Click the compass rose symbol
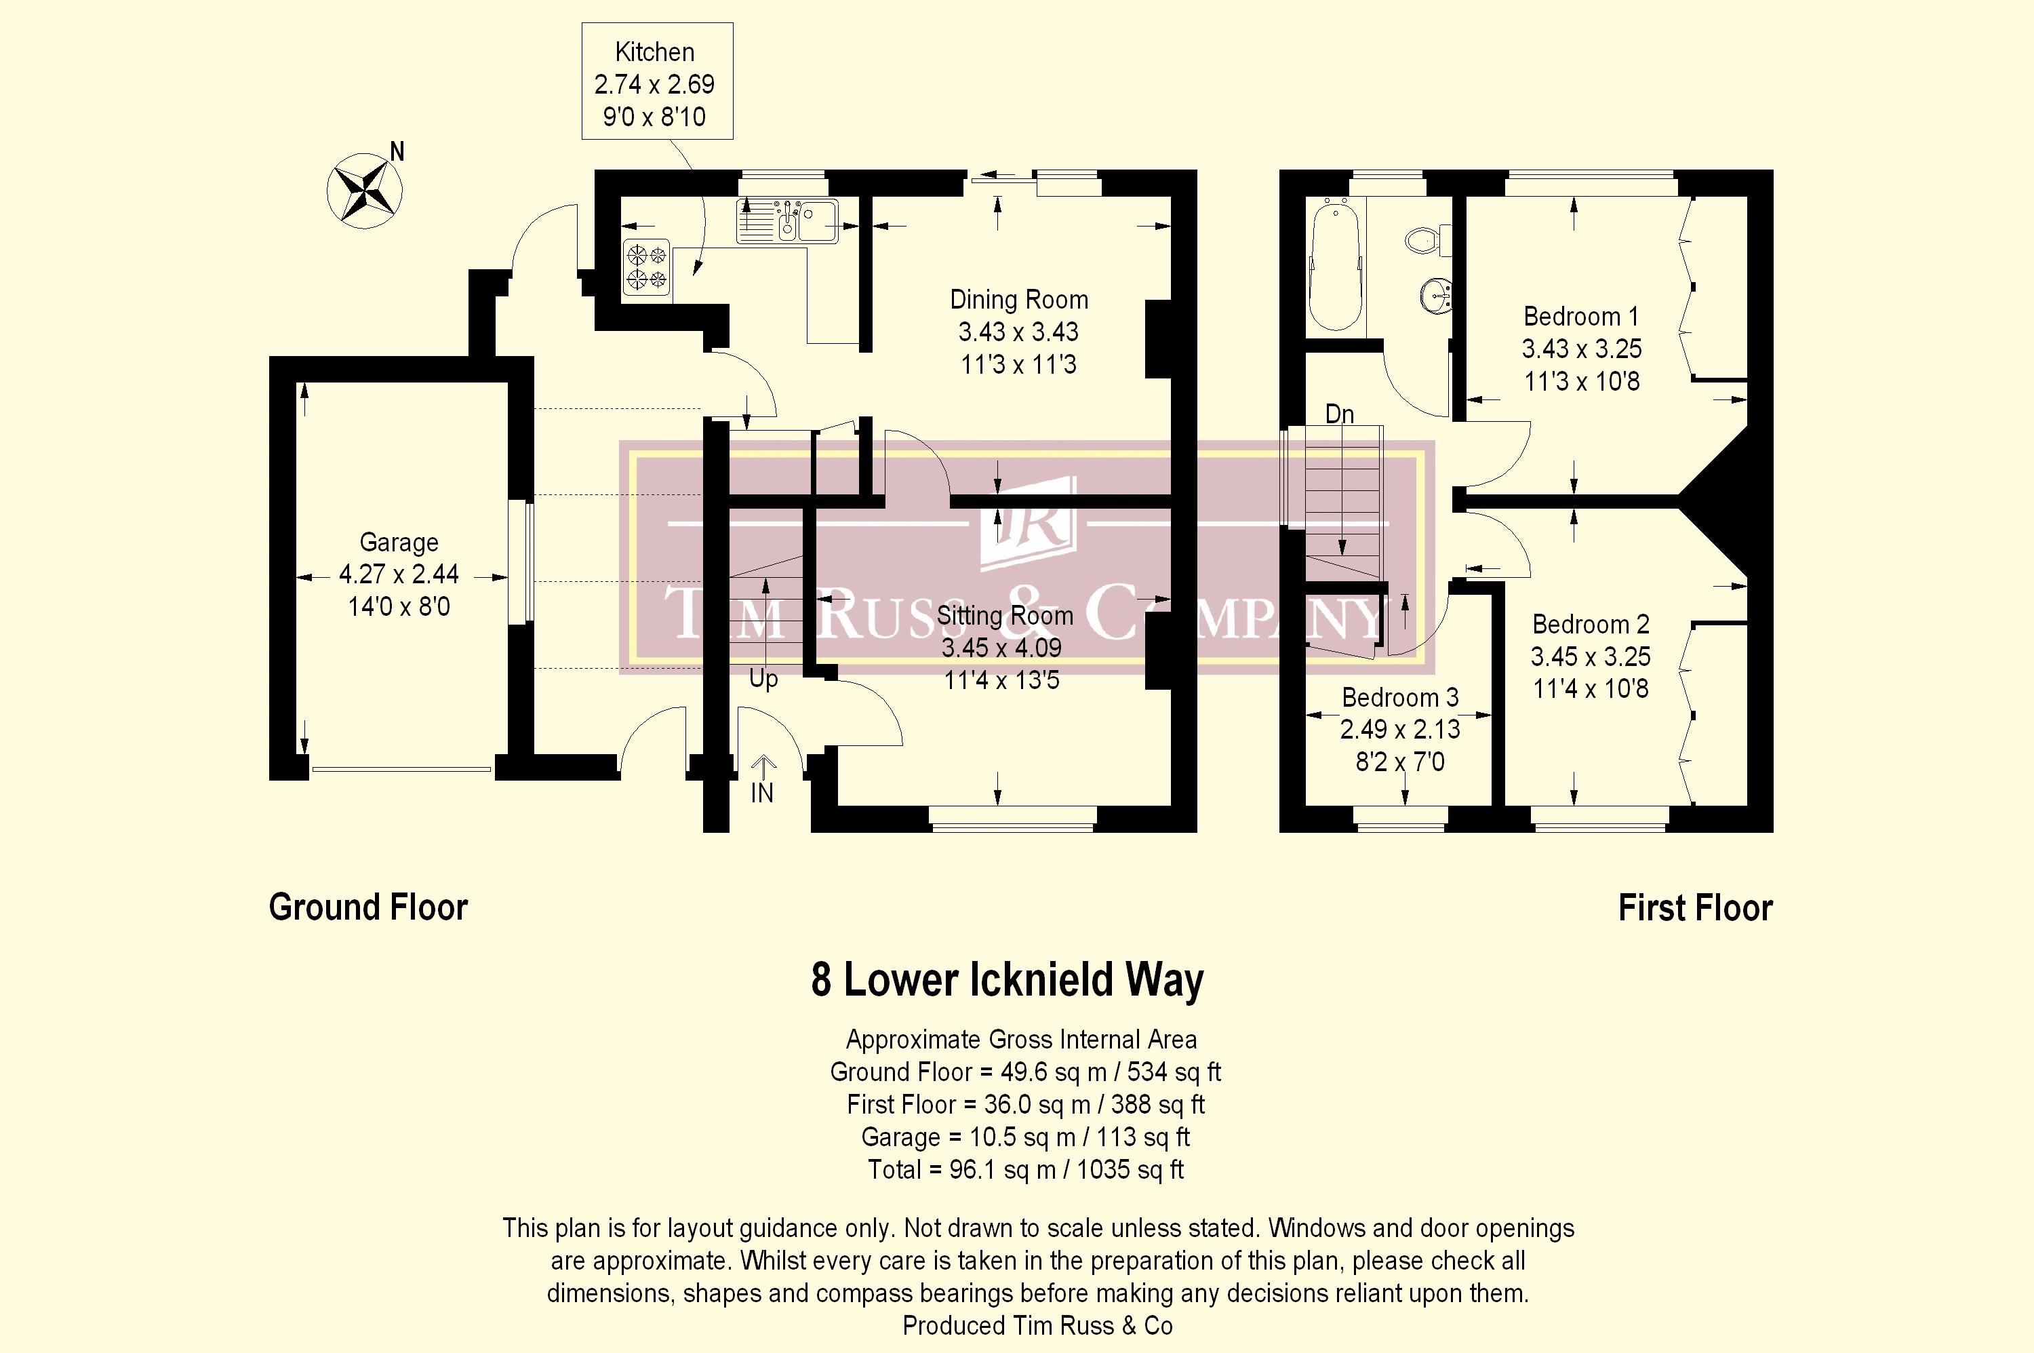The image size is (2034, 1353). [365, 191]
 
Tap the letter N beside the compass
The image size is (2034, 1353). [397, 152]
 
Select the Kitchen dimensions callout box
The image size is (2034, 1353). [657, 81]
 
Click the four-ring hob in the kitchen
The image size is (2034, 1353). [647, 267]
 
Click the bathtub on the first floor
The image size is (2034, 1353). [1335, 265]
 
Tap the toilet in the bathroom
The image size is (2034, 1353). [1429, 240]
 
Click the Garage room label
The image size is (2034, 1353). [399, 542]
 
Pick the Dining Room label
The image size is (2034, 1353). [1019, 299]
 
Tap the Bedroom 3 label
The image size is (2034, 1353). [1400, 697]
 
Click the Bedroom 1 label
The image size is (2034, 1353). [1581, 317]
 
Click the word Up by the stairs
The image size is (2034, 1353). [763, 679]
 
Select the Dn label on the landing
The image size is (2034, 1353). [1340, 414]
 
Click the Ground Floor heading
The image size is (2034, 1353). [368, 907]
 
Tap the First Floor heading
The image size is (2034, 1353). [1695, 907]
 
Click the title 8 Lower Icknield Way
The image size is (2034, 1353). [1007, 980]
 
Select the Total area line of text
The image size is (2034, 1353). [1026, 1169]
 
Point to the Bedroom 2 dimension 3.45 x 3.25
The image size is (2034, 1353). [1591, 656]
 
